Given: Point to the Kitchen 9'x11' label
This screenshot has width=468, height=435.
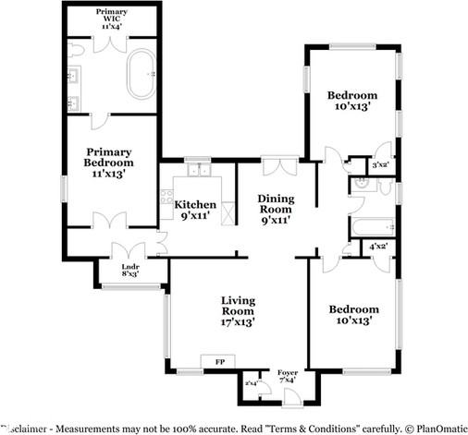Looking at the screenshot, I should tap(195, 210).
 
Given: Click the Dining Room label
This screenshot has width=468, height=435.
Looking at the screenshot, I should tap(275, 208).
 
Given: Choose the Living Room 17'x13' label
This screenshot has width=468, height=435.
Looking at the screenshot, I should tap(237, 311).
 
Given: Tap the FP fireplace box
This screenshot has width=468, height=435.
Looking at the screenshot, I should tap(219, 362).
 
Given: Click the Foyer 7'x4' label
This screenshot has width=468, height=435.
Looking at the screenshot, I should tap(288, 375).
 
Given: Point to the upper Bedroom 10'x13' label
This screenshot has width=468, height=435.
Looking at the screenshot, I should tap(351, 101).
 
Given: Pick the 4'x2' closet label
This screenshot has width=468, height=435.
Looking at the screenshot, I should tap(377, 247).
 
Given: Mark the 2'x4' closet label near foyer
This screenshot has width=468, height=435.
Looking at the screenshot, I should tap(251, 382).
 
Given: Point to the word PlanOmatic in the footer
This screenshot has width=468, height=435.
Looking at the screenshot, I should tap(435, 429).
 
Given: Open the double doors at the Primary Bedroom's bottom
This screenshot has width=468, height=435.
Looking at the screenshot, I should tap(109, 221).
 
